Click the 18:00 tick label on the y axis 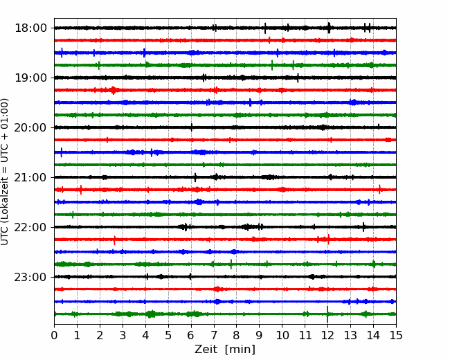point(30,28)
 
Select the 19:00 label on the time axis point(30,78)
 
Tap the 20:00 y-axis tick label point(30,127)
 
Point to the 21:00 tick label point(30,177)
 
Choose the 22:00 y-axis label point(30,227)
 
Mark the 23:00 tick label point(30,277)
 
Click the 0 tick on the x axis point(54,335)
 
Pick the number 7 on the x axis point(214,335)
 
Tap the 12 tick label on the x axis point(327,335)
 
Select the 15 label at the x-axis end point(396,335)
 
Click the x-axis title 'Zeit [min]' point(225,350)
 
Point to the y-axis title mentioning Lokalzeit point(5,172)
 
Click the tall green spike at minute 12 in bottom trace point(327,314)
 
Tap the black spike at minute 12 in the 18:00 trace point(329,28)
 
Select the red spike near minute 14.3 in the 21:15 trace point(379,189)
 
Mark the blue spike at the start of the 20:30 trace point(62,152)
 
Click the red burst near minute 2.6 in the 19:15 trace point(114,90)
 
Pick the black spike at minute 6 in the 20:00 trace point(191,127)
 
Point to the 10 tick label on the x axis point(282,335)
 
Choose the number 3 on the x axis point(123,335)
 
